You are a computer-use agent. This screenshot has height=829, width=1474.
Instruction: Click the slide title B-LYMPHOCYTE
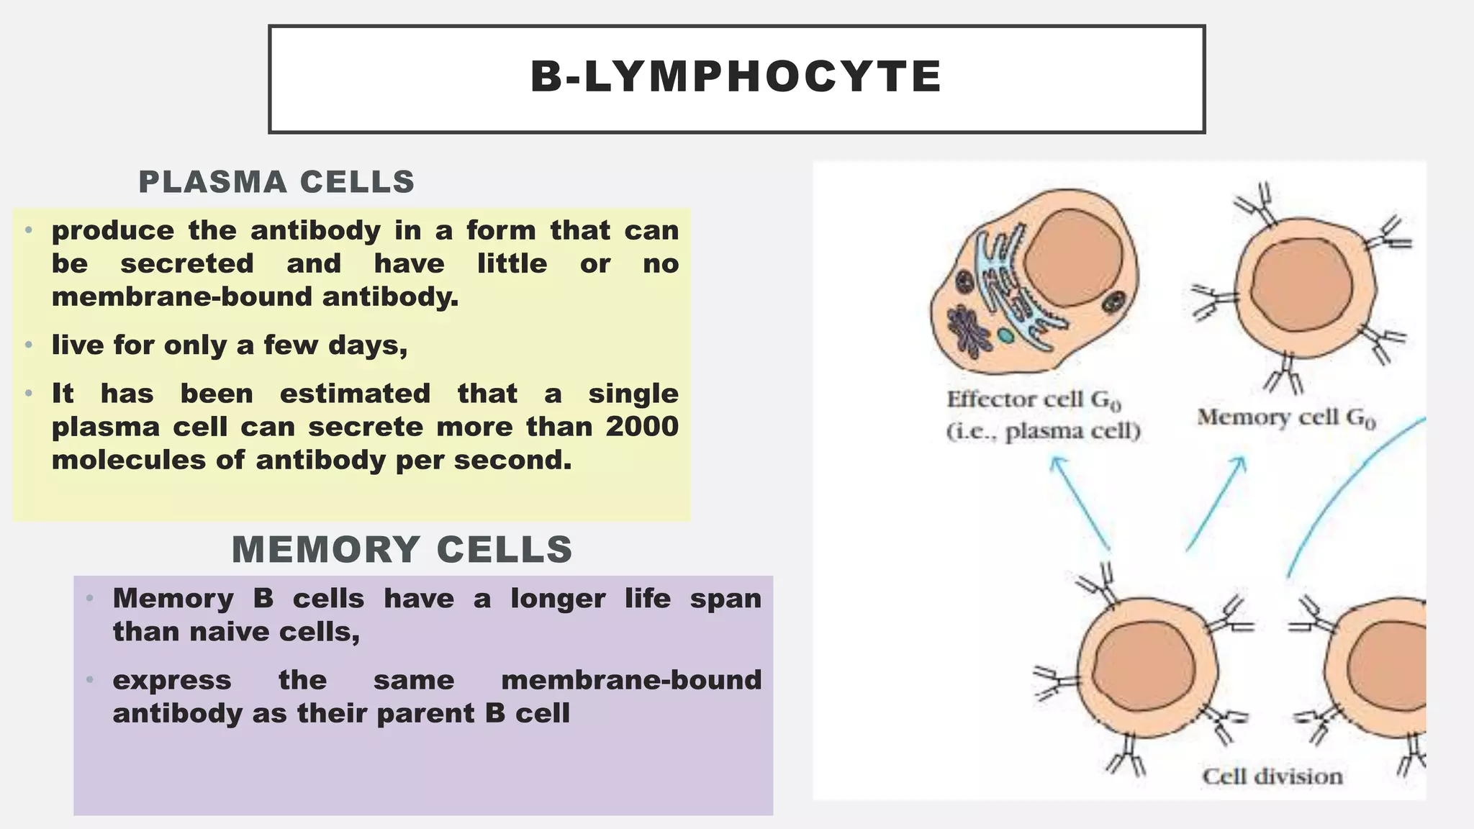pos(736,77)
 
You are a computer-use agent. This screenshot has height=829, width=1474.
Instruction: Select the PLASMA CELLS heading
pos(276,182)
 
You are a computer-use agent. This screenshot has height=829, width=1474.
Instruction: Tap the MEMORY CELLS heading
pos(402,550)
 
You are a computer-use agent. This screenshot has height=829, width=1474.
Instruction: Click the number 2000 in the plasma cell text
pos(641,427)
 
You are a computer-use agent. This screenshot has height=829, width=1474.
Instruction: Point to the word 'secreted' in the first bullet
pos(187,264)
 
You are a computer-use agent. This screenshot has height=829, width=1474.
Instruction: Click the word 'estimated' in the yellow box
pos(355,394)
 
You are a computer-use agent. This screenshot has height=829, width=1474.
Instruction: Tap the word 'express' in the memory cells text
pos(172,680)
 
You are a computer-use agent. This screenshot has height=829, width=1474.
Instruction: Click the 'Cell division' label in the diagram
pos(1272,776)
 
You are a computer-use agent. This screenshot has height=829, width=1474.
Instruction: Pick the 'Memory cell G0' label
pos(1286,417)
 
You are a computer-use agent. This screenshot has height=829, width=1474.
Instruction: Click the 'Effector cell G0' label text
pos(1034,400)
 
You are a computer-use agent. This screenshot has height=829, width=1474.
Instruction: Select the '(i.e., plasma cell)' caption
pos(1043,432)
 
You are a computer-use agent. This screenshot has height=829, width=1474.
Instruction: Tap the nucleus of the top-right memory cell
pos(1302,284)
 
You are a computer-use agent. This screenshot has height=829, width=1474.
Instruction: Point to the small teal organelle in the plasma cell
pos(1005,335)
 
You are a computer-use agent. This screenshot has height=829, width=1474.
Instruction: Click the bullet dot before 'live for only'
pos(29,345)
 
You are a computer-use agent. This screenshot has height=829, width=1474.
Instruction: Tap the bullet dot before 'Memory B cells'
pos(90,599)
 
